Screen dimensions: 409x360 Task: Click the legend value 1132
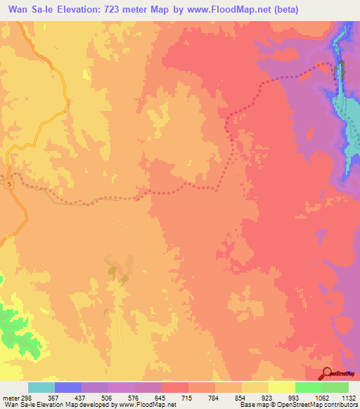[x=347, y=398]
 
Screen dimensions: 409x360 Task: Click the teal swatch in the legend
[x=41, y=387]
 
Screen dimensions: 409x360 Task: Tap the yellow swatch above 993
[x=281, y=387]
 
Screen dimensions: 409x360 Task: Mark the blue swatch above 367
[x=68, y=387]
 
